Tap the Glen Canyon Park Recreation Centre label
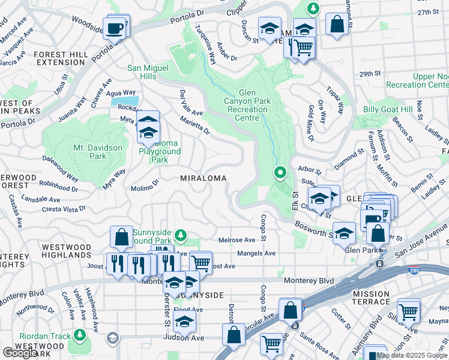coord(261,101)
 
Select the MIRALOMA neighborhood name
coord(203,178)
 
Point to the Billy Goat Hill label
coord(388,110)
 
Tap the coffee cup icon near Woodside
coord(114,28)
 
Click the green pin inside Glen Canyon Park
coord(280,173)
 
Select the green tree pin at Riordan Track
coord(79,335)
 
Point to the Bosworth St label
coord(314,229)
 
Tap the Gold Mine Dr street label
coord(311,123)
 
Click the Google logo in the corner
coord(20,353)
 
